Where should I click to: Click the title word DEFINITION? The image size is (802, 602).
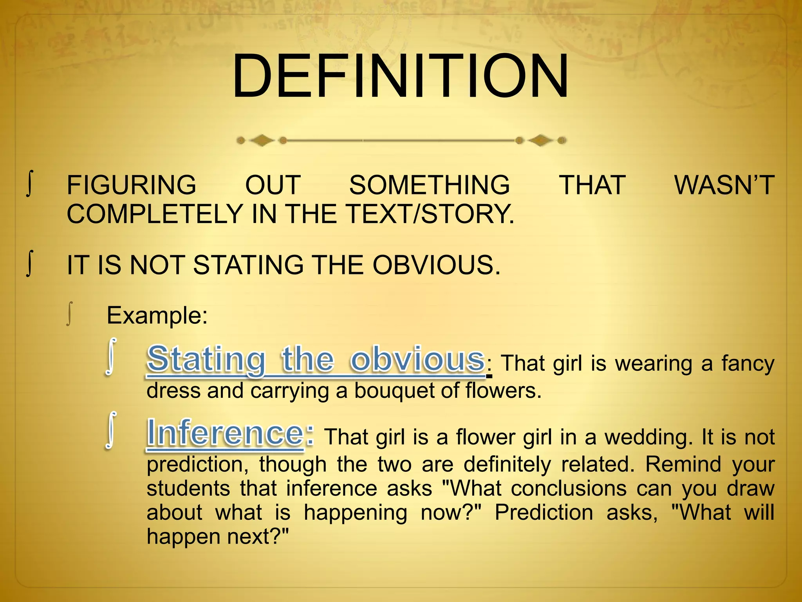400,76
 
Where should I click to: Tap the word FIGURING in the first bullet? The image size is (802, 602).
132,185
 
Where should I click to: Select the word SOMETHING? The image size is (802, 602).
430,185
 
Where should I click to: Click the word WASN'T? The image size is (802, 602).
724,185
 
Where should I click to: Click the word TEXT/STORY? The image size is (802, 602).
430,214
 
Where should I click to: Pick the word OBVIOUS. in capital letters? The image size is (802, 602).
436,265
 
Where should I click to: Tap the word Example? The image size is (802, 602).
157,315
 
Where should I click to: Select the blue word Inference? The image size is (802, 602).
230,433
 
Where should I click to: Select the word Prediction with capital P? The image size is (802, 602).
544,513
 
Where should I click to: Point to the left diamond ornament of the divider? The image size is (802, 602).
262,140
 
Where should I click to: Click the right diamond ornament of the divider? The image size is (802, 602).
541,140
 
